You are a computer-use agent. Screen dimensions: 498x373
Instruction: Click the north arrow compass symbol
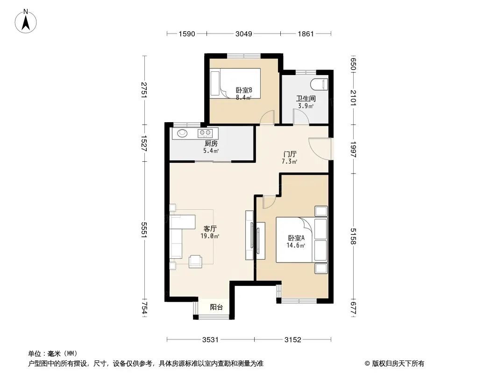click(x=26, y=21)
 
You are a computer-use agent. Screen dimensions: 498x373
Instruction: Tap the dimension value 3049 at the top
click(x=243, y=34)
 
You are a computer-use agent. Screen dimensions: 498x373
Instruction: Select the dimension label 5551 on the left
click(x=144, y=229)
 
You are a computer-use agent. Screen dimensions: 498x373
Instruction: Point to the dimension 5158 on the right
click(x=353, y=236)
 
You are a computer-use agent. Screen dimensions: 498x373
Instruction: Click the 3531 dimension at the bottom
click(x=210, y=340)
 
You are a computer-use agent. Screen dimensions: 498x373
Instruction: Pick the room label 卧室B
click(x=244, y=90)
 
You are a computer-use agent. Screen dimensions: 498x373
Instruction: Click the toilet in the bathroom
click(x=320, y=84)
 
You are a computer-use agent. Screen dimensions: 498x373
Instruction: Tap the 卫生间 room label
click(x=306, y=98)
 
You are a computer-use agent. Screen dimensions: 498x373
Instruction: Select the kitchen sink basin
click(x=182, y=133)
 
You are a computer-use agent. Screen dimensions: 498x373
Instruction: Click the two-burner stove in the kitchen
click(x=205, y=133)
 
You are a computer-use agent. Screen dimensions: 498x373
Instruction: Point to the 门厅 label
click(x=290, y=154)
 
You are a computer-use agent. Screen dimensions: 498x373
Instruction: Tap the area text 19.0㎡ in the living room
click(x=210, y=236)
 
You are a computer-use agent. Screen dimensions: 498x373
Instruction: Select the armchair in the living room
click(x=195, y=262)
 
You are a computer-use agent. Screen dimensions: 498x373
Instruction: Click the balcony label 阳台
click(x=216, y=307)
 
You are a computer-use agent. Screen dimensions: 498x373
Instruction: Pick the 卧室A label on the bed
click(x=296, y=238)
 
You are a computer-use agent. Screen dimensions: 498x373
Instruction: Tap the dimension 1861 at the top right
click(x=306, y=34)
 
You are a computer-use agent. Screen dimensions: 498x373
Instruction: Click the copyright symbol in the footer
click(x=367, y=364)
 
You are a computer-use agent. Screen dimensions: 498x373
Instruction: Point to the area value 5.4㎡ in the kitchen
click(x=211, y=151)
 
